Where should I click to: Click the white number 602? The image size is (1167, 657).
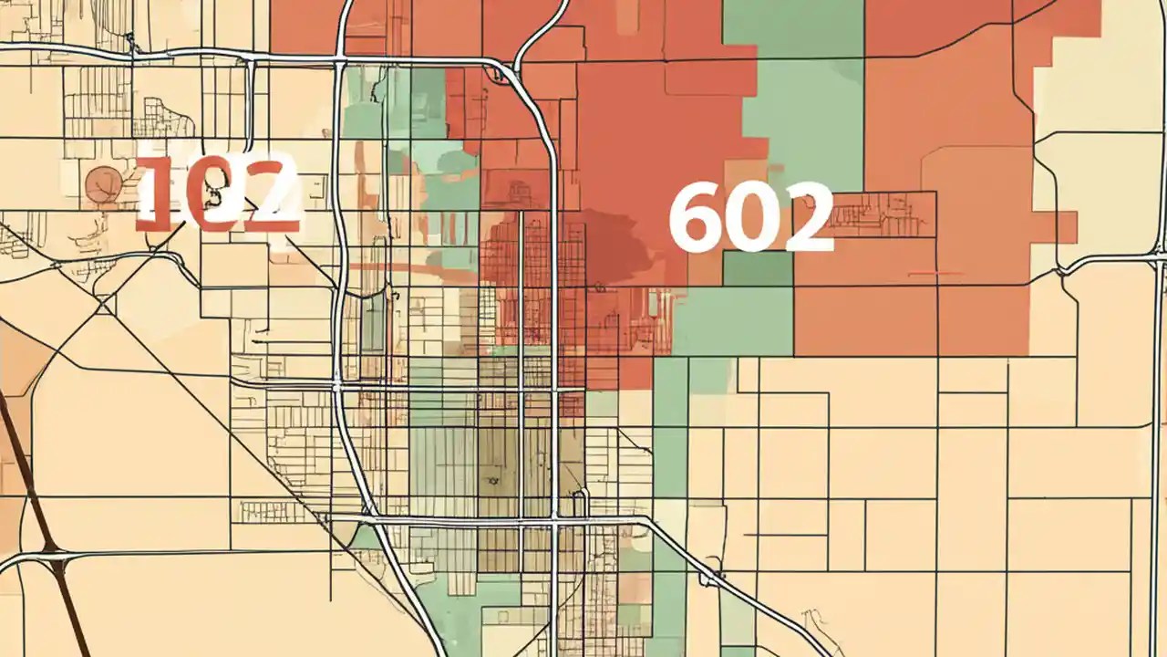tap(750, 217)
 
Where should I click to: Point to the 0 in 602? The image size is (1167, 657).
tap(751, 217)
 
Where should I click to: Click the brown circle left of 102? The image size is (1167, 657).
tap(103, 184)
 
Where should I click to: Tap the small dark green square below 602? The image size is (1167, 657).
tap(758, 268)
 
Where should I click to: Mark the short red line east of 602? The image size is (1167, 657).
tap(936, 273)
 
